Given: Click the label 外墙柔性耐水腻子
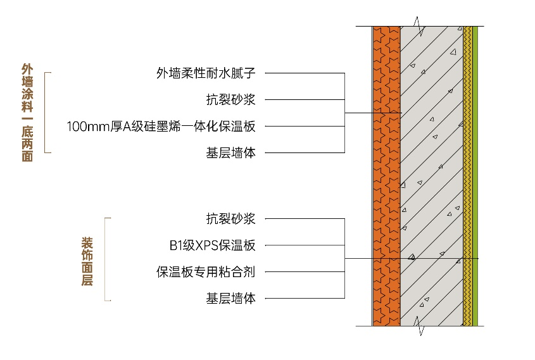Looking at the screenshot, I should pos(206,73).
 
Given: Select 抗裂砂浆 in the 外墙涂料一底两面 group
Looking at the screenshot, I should pos(230,99).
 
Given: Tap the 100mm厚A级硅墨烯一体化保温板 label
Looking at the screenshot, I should pos(161,126).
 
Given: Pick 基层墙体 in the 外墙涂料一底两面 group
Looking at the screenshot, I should pos(230,152).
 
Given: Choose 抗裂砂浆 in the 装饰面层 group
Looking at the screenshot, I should pos(230,219).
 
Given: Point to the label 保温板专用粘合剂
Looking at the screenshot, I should pos(206,272).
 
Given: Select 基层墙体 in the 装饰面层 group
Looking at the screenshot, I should pos(230,299).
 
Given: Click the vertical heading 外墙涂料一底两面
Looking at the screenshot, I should pos(27,112).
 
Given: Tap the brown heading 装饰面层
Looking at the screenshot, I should pos(87,261).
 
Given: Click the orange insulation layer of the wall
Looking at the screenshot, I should pos(386,177).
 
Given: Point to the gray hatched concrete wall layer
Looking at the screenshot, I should pos(431,177).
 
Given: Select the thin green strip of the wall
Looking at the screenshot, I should pos(475,177).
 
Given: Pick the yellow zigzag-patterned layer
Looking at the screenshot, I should pos(467,177).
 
